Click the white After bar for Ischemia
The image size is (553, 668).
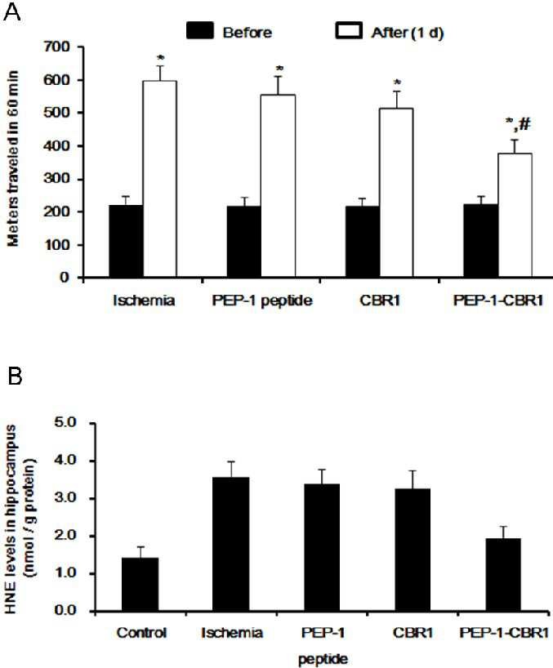160,179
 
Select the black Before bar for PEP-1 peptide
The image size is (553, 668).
243,242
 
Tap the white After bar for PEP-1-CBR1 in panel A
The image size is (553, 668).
515,215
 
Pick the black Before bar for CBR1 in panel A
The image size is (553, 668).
362,242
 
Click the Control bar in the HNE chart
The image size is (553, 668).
140,585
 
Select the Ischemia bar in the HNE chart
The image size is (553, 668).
230,545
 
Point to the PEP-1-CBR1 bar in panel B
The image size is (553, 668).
502,575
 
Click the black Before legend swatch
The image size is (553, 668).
200,31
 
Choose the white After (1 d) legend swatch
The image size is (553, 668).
349,31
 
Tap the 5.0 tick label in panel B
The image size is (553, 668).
65,423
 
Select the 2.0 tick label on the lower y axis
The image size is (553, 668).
65,536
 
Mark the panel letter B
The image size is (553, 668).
15,376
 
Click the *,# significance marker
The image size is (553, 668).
518,124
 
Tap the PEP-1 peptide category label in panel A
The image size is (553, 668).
262,301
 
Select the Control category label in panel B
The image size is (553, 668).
141,633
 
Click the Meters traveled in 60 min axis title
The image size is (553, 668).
13,158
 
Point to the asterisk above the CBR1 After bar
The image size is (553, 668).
397,82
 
